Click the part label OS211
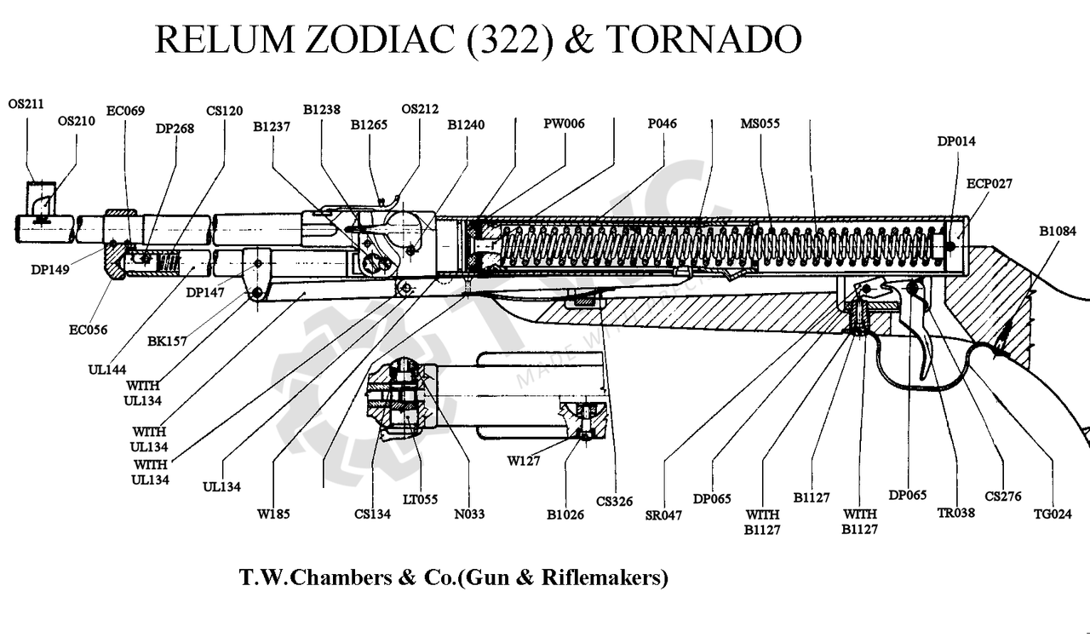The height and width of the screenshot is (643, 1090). (26, 104)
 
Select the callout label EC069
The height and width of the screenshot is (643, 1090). (125, 111)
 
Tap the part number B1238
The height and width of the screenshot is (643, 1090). (322, 110)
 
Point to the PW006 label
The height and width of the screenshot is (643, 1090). (564, 123)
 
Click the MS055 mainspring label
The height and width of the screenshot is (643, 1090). (760, 123)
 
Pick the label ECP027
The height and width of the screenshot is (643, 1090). (990, 183)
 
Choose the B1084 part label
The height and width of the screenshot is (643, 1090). (1058, 231)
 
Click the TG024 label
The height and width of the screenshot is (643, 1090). (1053, 514)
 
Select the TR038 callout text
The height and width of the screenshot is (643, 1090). (956, 513)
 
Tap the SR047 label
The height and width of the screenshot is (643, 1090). (663, 515)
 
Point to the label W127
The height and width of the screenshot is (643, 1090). (524, 461)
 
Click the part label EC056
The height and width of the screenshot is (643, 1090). (88, 330)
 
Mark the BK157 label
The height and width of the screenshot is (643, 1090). (168, 342)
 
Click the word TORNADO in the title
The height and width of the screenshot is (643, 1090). (703, 39)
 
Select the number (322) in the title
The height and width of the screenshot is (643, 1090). (509, 40)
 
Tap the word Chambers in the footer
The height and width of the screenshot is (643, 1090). (341, 577)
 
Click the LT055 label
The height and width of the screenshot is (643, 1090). (421, 499)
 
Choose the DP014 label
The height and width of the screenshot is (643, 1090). (956, 141)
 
